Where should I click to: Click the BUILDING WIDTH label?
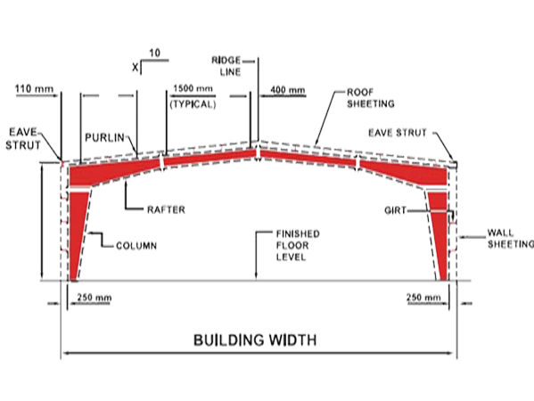(x=255, y=340)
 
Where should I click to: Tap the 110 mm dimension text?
(x=34, y=89)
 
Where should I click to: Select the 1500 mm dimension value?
(x=193, y=88)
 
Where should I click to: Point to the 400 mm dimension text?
(x=288, y=90)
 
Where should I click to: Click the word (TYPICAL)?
(x=193, y=104)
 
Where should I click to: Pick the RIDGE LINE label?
(x=226, y=66)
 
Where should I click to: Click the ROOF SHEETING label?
(x=371, y=98)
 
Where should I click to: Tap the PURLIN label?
(x=104, y=138)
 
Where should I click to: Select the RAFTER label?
(x=166, y=209)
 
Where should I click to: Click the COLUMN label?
(x=136, y=246)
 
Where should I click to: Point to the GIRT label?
(x=396, y=210)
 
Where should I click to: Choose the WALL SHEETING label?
(x=511, y=239)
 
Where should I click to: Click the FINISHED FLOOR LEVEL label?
(x=298, y=245)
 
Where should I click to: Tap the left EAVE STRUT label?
(x=23, y=138)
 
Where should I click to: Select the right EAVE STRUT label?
(x=398, y=133)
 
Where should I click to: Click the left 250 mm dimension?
(x=94, y=298)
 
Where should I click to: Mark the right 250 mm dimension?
(x=423, y=298)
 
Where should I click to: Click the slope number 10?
(x=154, y=53)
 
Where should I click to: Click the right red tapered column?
(x=440, y=236)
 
